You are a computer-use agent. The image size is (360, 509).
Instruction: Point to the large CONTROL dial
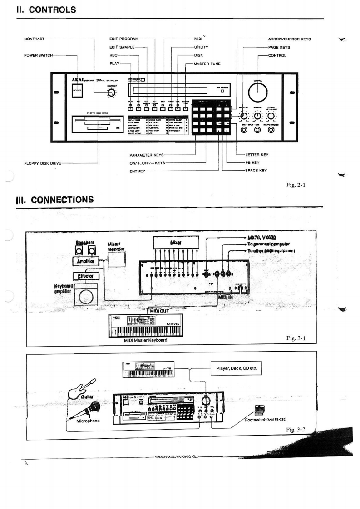[x=258, y=93]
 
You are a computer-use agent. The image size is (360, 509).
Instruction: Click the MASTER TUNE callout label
[x=207, y=64]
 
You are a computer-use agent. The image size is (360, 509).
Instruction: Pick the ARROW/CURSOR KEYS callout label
[x=290, y=39]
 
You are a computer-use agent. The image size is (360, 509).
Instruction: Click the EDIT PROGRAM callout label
[x=124, y=39]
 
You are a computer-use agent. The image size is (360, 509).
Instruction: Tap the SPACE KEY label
[x=256, y=171]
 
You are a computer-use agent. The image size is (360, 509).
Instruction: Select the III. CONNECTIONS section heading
[x=55, y=200]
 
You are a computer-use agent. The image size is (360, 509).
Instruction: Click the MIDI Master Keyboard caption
[x=145, y=340]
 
